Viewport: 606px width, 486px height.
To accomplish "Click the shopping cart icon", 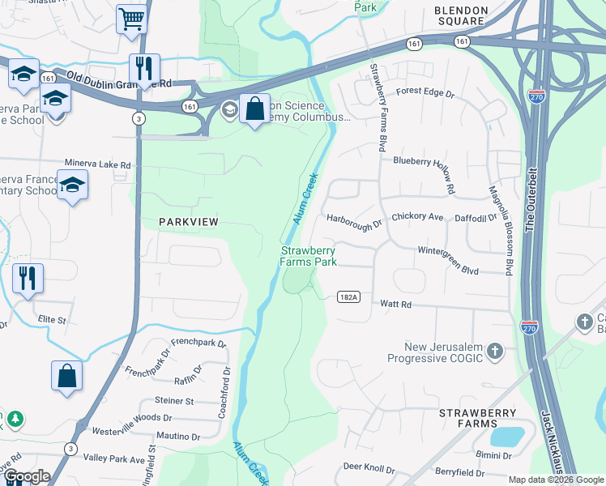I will [x=131, y=18].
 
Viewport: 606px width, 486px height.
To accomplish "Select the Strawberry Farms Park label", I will [x=309, y=257].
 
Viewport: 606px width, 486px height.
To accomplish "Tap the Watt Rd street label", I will [x=396, y=305].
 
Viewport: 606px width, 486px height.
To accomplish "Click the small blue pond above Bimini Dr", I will [x=507, y=437].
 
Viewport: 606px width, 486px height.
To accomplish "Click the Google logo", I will [x=26, y=476].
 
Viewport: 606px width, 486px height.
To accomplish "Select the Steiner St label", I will [x=174, y=401].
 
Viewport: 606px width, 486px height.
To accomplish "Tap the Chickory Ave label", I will [x=417, y=217].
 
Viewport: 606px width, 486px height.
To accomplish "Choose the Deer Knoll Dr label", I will [x=369, y=468].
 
